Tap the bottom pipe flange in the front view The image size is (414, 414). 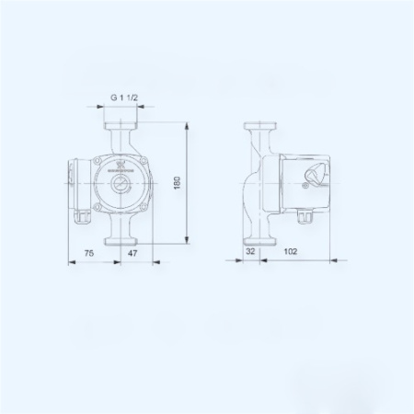coord(122,241)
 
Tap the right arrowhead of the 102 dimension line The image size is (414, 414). coord(329,260)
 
